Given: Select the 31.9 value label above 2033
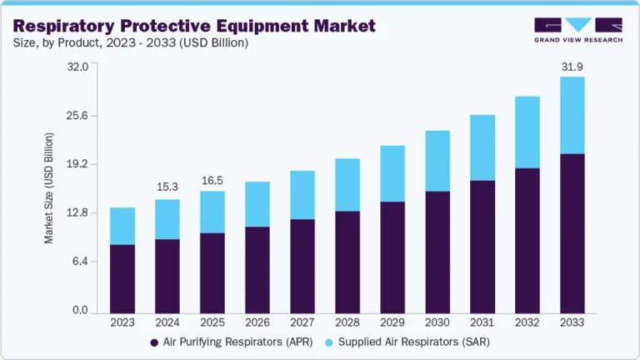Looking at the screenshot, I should [572, 64].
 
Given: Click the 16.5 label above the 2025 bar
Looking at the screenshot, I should [212, 180].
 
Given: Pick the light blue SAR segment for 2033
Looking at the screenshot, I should [572, 115].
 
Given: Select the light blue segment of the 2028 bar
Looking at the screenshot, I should [347, 184].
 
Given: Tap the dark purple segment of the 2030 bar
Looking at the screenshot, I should [437, 252].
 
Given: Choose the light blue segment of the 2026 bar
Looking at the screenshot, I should [257, 204].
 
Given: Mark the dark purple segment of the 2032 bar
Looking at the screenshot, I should [527, 241].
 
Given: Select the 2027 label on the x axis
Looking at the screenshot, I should [302, 322].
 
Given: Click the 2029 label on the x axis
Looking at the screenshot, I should [392, 322].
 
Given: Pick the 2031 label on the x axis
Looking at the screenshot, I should [482, 322].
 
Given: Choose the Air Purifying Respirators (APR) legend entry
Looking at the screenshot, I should [227, 342].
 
